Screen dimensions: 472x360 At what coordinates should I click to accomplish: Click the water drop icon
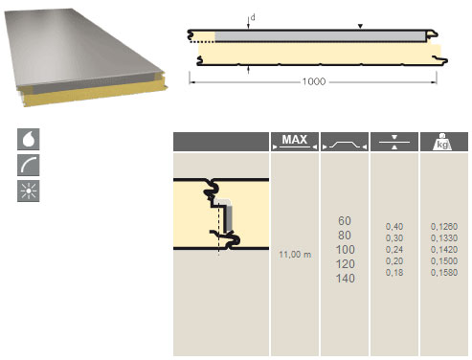pos(29,139)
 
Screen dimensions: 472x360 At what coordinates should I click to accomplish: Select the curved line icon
pos(29,165)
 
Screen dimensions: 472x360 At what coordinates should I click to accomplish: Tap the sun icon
pos(29,191)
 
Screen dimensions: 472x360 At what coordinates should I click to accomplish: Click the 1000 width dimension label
pos(314,81)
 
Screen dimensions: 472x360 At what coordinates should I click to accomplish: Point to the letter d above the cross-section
pos(253,17)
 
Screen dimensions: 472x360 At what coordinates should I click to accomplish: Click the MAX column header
pos(295,142)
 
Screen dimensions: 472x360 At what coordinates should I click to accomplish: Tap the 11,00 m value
pos(295,255)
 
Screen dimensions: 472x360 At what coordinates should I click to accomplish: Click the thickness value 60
pos(345,221)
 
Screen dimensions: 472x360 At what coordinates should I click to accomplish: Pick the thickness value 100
pos(345,250)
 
